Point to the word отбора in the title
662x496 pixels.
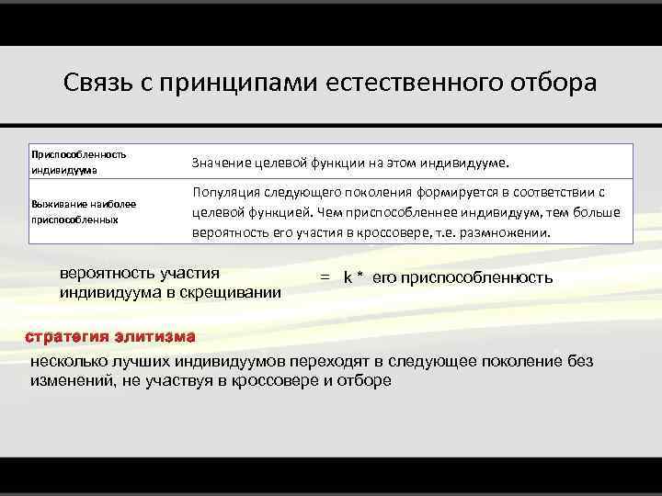tap(554, 84)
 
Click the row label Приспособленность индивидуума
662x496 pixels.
tap(78, 162)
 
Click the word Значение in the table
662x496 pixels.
tap(222, 163)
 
